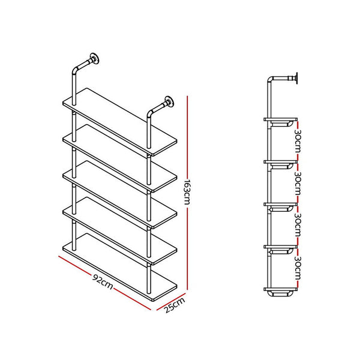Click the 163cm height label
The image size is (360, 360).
pos(188,191)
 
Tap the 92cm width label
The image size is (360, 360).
pos(103,281)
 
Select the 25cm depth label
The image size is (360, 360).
pos(175,305)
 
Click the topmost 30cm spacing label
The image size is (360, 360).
pos(298,141)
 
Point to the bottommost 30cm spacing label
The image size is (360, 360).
pos(298,268)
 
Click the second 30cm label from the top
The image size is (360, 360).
pos(298,183)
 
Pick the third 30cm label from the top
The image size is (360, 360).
pos(298,225)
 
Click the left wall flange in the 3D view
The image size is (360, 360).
pos(94,58)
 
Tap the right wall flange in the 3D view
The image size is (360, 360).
pos(169,101)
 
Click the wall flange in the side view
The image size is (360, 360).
pos(296,78)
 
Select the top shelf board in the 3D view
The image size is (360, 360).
pos(119,122)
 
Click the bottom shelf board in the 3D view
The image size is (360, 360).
pos(119,267)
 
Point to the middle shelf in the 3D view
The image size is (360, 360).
pos(119,194)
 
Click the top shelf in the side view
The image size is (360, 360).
pos(280,119)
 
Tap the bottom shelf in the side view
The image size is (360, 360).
pos(280,289)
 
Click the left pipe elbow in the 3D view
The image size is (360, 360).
pos(76,70)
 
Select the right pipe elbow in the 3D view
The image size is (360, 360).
pos(150,113)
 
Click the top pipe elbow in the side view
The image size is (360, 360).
pos(271,79)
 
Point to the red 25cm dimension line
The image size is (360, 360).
pos(171,302)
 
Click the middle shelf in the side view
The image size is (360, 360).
pos(280,204)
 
